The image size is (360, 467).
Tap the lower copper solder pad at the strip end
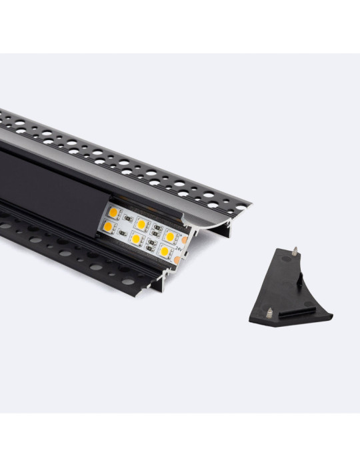tap(177, 260)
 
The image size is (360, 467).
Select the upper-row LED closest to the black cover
tap(113, 213)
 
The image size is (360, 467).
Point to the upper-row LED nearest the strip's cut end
tap(169, 236)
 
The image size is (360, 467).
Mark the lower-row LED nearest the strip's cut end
tap(164, 251)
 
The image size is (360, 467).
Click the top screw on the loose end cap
tap(294, 253)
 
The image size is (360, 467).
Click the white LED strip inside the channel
tap(140, 231)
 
